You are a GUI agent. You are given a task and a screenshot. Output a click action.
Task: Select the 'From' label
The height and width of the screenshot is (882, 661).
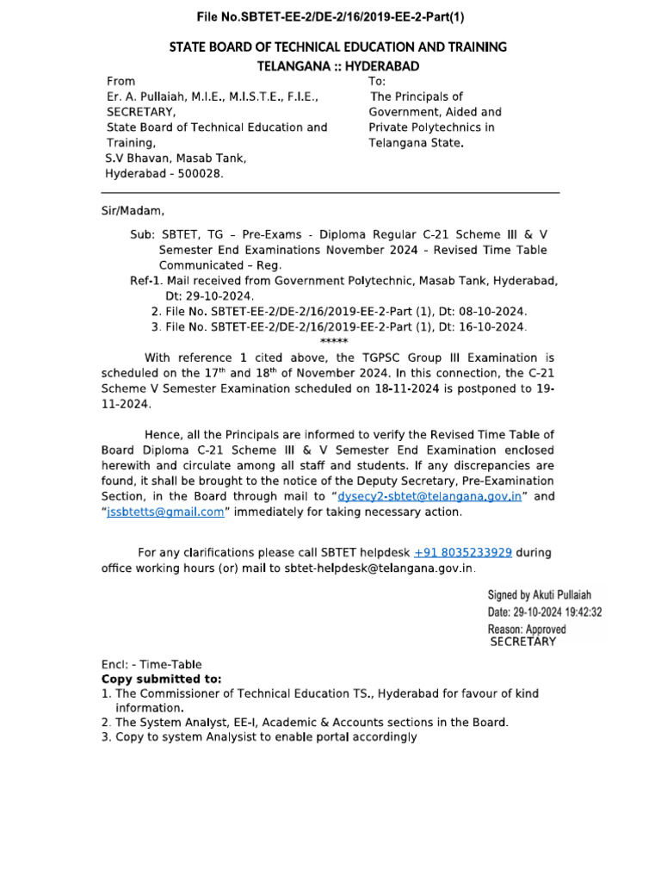point(120,80)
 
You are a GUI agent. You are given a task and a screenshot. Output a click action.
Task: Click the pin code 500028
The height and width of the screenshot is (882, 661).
point(196,173)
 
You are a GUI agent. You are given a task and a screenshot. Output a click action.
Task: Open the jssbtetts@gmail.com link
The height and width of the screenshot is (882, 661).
point(165,512)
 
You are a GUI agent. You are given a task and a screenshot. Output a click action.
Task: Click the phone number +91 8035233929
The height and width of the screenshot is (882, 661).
point(463,552)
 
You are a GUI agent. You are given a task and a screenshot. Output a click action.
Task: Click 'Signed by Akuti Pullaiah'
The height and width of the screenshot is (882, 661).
point(540,595)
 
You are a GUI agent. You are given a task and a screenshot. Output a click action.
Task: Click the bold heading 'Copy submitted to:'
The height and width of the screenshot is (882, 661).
point(161,679)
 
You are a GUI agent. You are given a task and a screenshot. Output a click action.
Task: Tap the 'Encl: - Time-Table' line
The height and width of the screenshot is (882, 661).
point(151,664)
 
